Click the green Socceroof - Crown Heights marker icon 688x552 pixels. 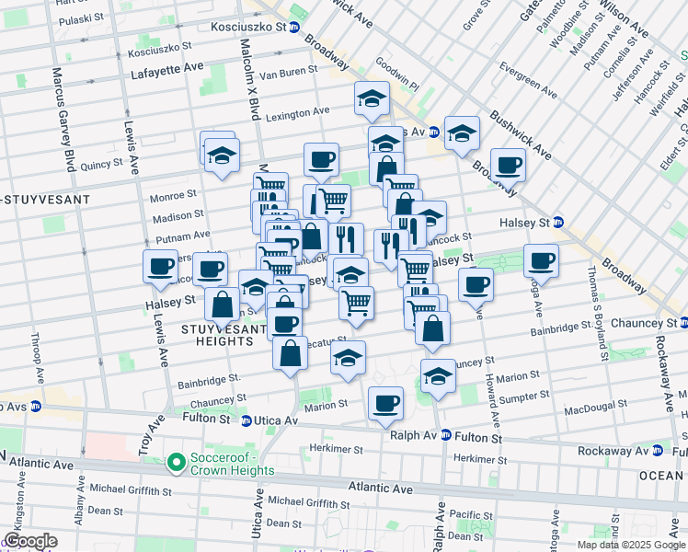(176, 463)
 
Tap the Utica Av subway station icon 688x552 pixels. (247, 421)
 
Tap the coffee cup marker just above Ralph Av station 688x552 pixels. (385, 402)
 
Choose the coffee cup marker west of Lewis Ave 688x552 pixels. (161, 266)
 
